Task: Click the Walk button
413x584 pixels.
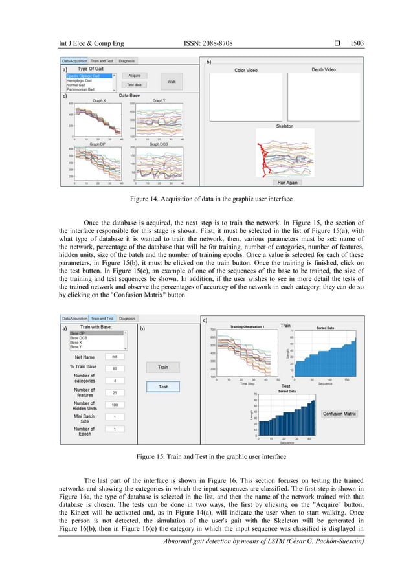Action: [172, 82]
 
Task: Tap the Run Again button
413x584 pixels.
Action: [282, 183]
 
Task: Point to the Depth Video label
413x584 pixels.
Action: [326, 69]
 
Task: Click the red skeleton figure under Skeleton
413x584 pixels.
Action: [263, 155]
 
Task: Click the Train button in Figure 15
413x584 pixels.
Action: [163, 367]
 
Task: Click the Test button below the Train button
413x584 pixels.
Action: [163, 387]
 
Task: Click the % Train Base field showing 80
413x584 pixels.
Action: [115, 368]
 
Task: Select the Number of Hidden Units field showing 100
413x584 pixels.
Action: [115, 405]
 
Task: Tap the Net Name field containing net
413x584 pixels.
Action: [115, 356]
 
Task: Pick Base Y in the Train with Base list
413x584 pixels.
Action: [76, 346]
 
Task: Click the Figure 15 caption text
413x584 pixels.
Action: [206, 457]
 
